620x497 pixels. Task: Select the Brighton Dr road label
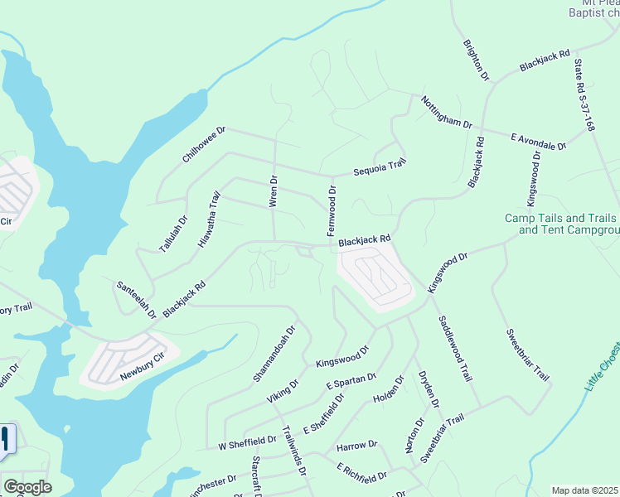(477, 59)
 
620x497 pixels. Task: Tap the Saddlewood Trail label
(453, 347)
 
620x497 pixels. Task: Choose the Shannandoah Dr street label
(274, 354)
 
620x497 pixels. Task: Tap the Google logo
(27, 487)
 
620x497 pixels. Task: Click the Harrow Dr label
(356, 446)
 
